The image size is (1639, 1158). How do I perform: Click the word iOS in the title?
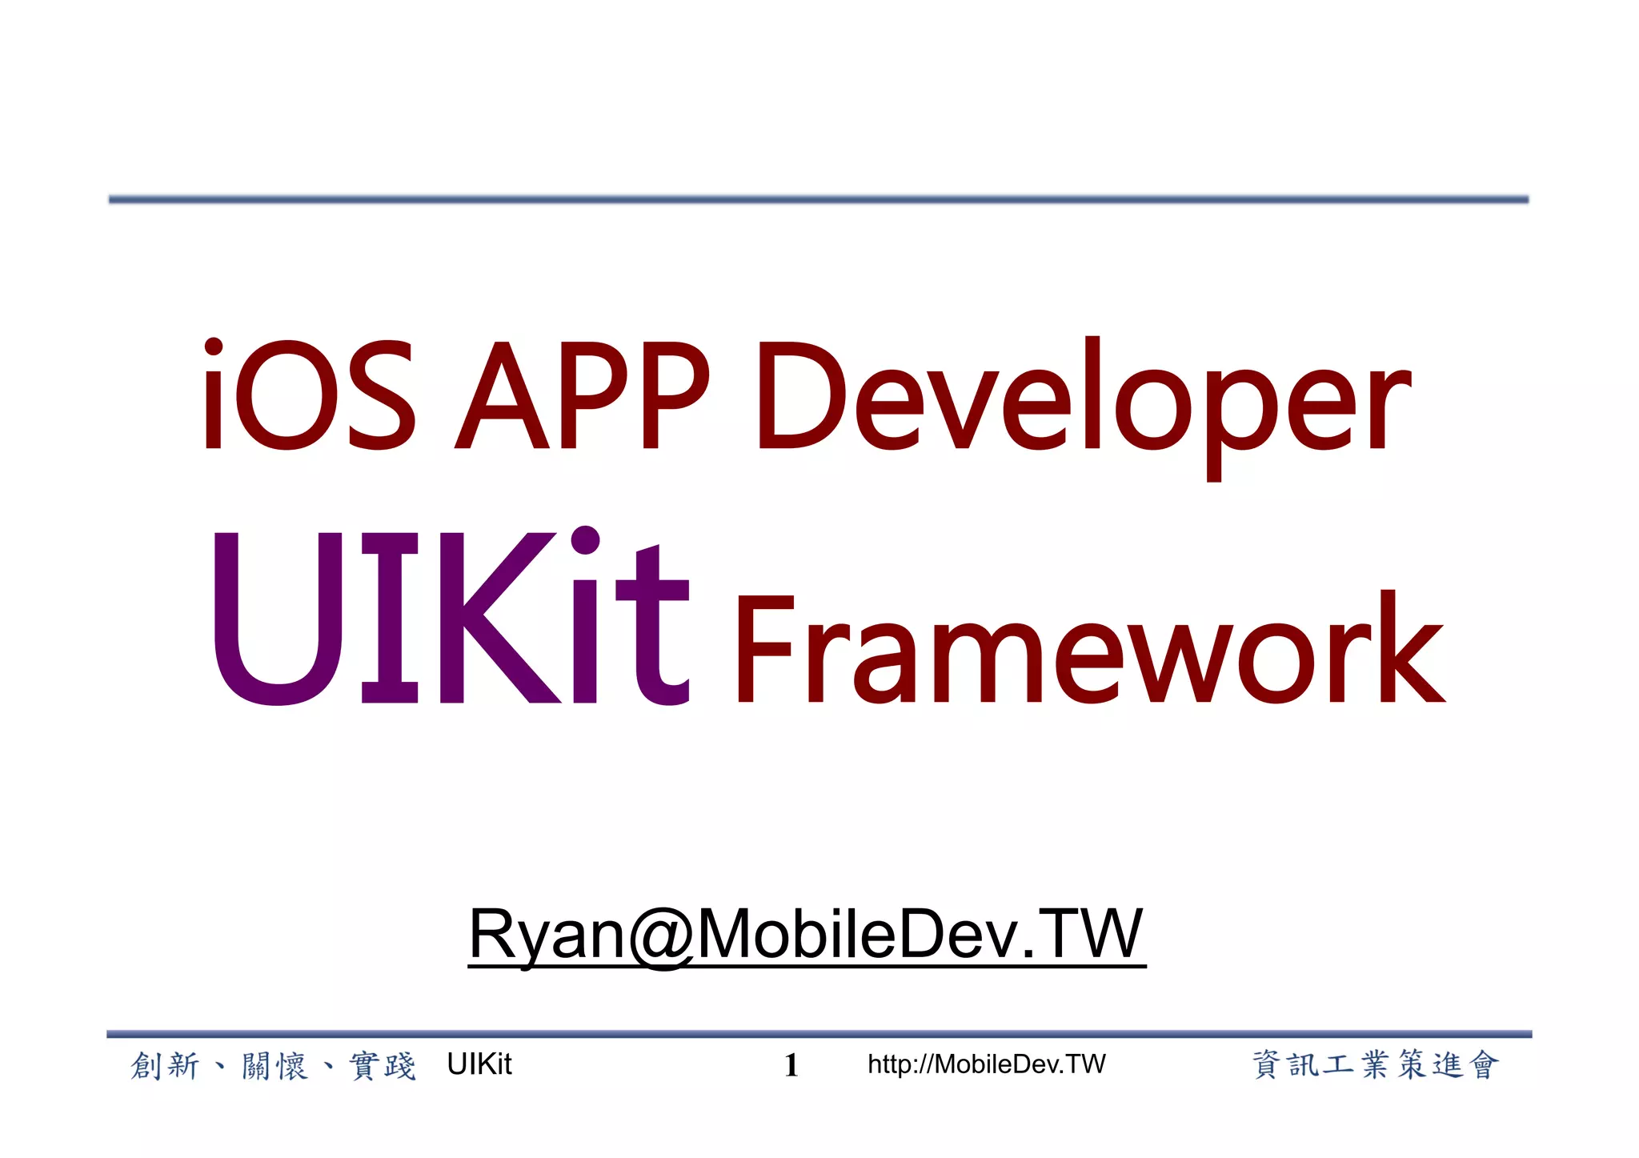[x=308, y=395]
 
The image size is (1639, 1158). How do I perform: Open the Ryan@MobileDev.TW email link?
[x=807, y=934]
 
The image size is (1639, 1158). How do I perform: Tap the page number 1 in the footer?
[x=791, y=1065]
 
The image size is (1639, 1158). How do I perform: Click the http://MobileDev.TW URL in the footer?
[x=986, y=1064]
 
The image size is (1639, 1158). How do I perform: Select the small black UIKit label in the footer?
[x=479, y=1064]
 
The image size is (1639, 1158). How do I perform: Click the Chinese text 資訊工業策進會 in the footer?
[x=1375, y=1065]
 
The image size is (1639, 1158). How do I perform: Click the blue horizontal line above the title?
[x=818, y=199]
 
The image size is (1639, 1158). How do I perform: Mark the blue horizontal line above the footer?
[x=818, y=1034]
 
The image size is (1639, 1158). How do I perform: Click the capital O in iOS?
[x=286, y=395]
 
